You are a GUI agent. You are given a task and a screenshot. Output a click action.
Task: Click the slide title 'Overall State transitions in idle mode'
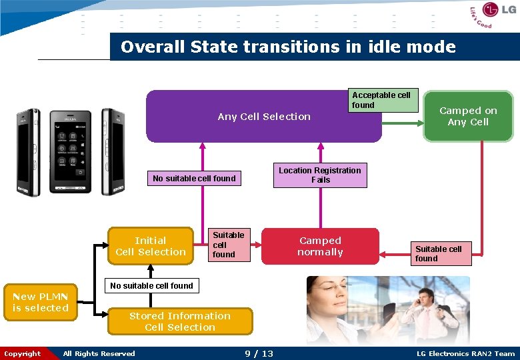[x=288, y=47]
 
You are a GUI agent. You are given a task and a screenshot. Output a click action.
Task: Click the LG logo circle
[x=491, y=10]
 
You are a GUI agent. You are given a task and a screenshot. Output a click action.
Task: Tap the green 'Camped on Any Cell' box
[x=468, y=117]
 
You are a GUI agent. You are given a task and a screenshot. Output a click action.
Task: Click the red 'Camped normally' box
[x=320, y=247]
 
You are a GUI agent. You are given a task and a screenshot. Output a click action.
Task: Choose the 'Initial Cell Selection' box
[x=151, y=246]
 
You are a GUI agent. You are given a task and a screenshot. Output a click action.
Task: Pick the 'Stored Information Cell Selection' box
[x=180, y=321]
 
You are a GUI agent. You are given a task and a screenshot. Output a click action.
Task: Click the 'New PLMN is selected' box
[x=41, y=302]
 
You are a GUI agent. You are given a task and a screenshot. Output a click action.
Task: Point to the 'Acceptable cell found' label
[x=382, y=100]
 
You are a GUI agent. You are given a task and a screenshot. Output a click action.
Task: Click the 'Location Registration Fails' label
[x=320, y=175]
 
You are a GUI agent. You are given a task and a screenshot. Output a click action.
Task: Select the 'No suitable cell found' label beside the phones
[x=194, y=178]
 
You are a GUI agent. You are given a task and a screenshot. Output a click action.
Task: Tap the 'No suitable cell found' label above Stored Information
[x=151, y=286]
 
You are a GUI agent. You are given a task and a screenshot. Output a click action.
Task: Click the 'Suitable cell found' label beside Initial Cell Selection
[x=228, y=245]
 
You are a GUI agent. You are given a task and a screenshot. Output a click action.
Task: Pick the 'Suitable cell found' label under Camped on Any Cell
[x=439, y=253]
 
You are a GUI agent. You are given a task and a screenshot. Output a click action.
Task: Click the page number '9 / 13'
[x=259, y=353]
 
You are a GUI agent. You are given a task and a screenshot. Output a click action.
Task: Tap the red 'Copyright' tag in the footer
[x=22, y=353]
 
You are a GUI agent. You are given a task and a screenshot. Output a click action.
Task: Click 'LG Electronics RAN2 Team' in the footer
[x=465, y=353]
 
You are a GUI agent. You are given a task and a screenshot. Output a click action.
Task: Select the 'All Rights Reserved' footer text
[x=99, y=353]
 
